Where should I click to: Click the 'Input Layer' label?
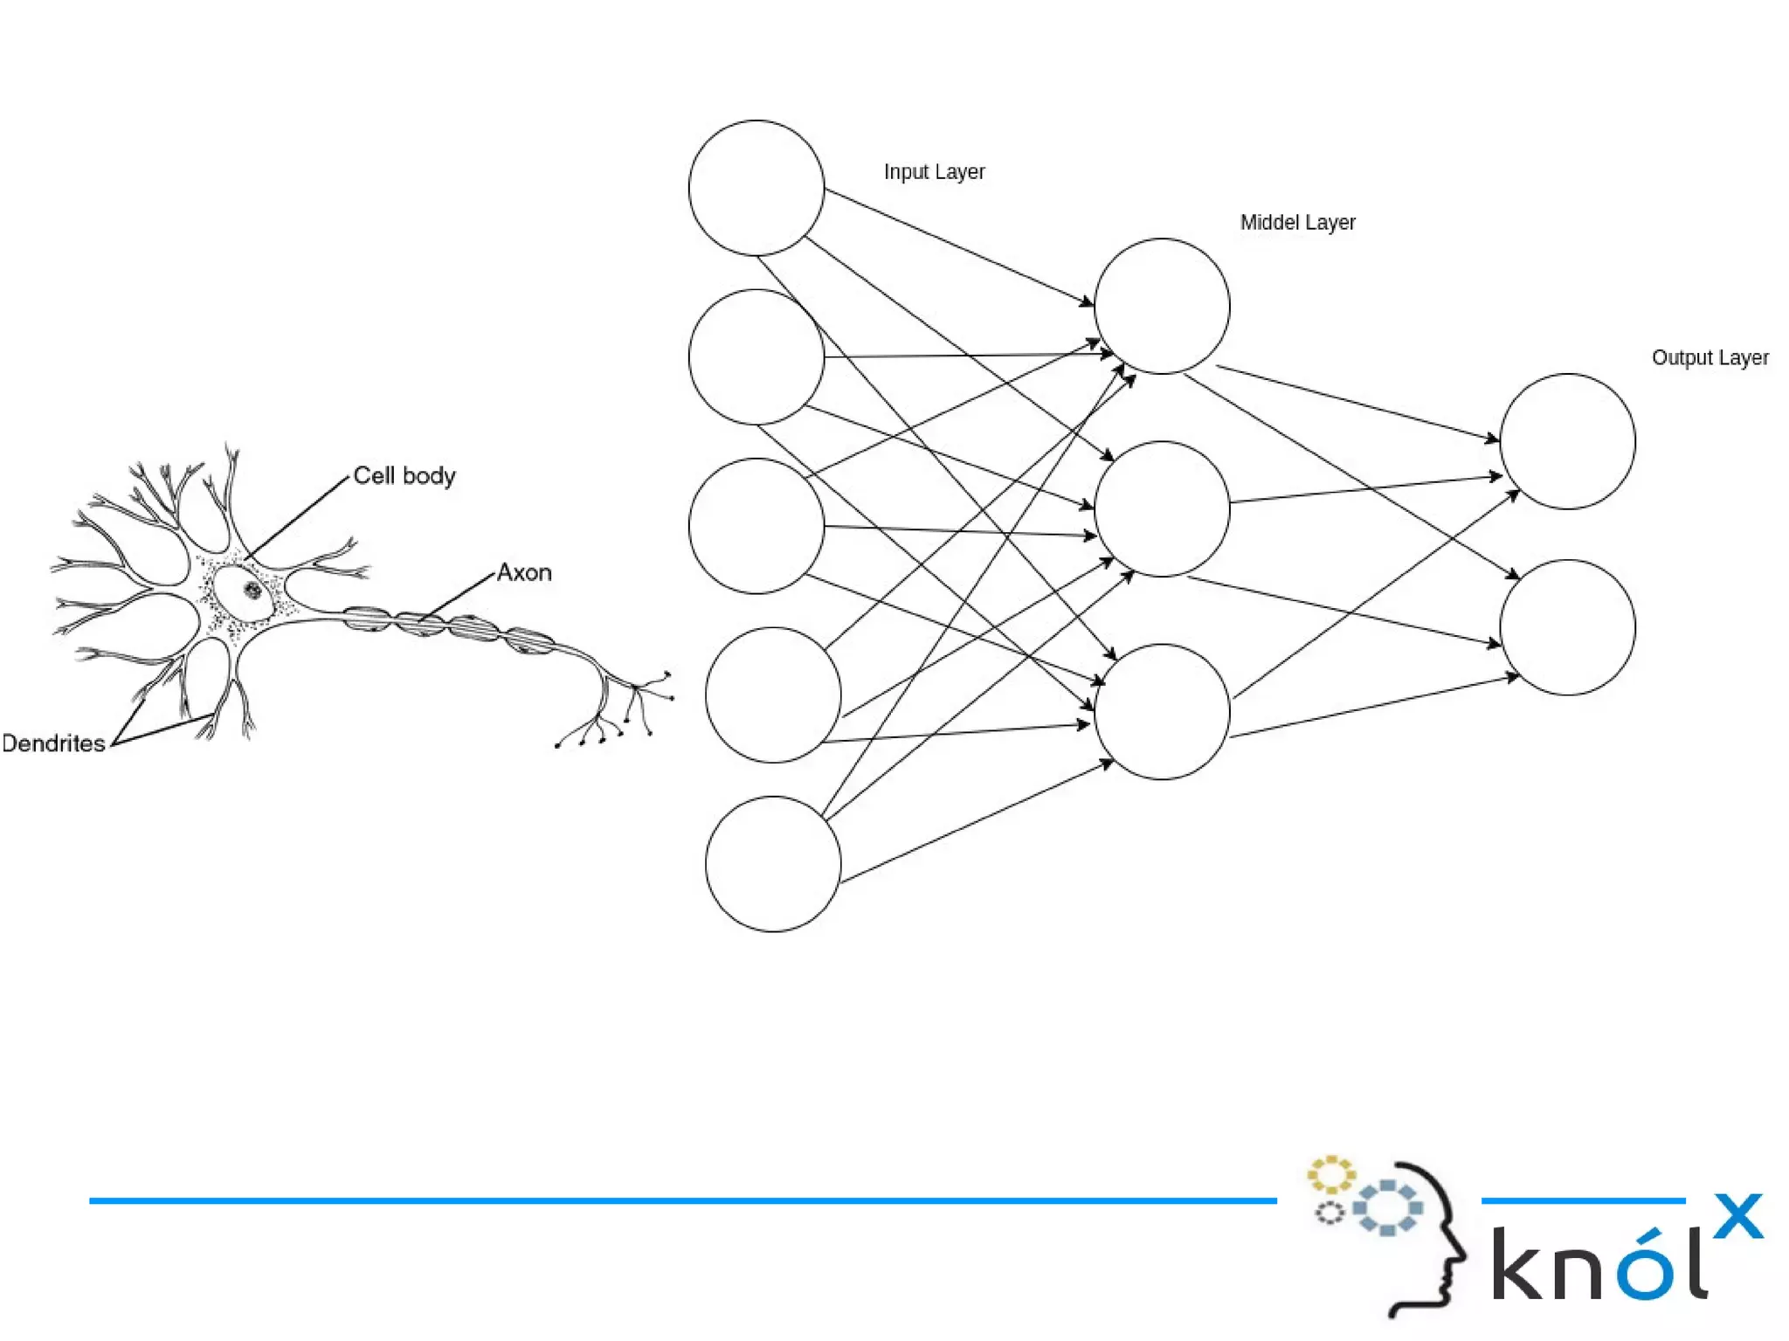(x=934, y=172)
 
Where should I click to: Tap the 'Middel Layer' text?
(x=1297, y=223)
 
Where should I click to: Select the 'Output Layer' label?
(x=1710, y=358)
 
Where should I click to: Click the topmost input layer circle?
(x=756, y=188)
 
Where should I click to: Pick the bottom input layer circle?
(x=772, y=863)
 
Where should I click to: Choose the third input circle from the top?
(x=756, y=526)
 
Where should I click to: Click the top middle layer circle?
(x=1161, y=306)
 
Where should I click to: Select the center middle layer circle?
(x=1161, y=508)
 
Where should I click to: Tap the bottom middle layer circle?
(x=1161, y=711)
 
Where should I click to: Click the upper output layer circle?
(x=1567, y=441)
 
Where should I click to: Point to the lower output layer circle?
(x=1567, y=627)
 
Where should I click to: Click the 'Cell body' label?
(x=404, y=476)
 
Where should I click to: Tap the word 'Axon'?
(x=524, y=573)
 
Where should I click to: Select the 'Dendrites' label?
(x=53, y=743)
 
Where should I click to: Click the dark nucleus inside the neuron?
(x=252, y=590)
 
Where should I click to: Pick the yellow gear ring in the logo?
(x=1330, y=1175)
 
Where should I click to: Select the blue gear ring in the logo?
(x=1387, y=1207)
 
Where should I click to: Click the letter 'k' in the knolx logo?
(x=1518, y=1264)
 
